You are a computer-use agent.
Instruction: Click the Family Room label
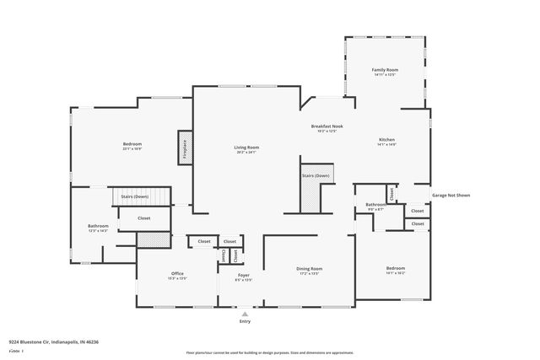pos(386,70)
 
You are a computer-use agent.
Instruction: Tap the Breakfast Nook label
pos(327,126)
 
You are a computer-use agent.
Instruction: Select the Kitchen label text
pos(386,140)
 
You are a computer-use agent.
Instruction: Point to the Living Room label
pos(246,148)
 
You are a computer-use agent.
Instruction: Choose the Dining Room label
pos(309,269)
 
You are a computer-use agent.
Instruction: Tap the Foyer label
pos(243,273)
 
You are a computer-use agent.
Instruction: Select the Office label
pos(177,273)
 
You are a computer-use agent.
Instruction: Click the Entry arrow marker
pos(246,313)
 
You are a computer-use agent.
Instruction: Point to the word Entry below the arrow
pos(246,321)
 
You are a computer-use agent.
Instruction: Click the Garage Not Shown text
pos(451,195)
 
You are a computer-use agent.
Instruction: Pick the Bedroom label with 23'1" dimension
pos(132,144)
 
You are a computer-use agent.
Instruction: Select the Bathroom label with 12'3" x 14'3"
pos(99,226)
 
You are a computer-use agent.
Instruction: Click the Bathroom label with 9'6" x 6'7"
pos(375,205)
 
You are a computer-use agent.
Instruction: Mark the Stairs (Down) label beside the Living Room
pos(316,175)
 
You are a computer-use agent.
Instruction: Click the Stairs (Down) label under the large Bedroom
pos(134,196)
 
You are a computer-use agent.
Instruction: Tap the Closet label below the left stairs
pos(144,218)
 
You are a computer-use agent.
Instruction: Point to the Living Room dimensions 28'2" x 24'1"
pos(246,153)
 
